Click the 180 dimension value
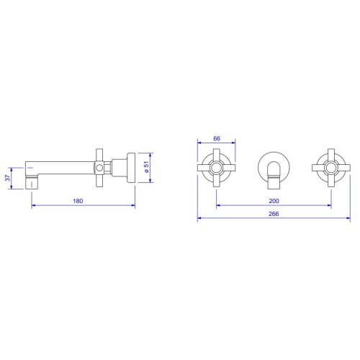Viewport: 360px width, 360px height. tap(78, 201)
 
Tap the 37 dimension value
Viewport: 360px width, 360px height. tap(8, 178)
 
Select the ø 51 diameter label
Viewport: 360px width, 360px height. tap(146, 166)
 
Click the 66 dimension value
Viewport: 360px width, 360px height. tap(217, 138)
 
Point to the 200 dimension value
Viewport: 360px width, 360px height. tap(274, 201)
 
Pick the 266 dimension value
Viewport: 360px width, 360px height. tap(274, 214)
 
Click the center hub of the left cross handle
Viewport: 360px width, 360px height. tap(217, 168)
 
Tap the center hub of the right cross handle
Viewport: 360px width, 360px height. tap(331, 168)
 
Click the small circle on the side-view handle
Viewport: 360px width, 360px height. tap(99, 168)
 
